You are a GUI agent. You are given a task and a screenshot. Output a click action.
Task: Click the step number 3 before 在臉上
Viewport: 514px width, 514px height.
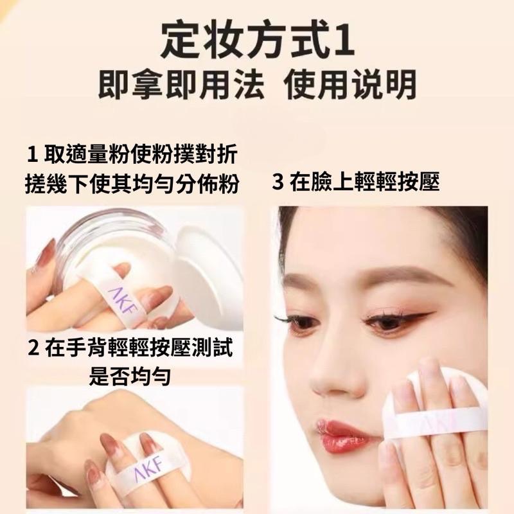point(278,183)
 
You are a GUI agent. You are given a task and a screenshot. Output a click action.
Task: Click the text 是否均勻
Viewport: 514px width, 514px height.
point(129,376)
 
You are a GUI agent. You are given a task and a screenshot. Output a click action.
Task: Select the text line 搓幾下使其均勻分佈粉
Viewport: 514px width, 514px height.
point(134,184)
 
